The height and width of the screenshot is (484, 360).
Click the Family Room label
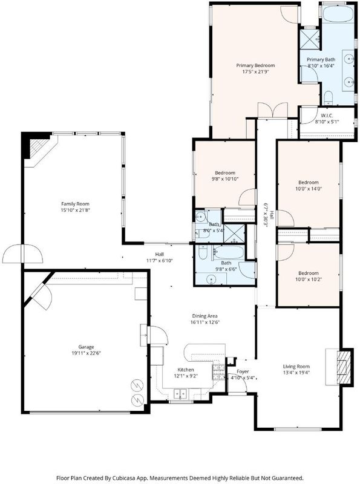click(76, 204)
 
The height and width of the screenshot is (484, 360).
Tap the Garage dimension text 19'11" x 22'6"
click(87, 353)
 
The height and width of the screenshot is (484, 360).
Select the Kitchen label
click(186, 370)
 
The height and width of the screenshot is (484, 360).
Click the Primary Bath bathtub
click(338, 13)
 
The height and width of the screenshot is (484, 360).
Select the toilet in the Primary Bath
click(328, 97)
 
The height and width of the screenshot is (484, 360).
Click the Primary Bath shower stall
click(310, 39)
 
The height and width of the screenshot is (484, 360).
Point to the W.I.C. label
click(327, 116)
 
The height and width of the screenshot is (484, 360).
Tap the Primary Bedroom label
click(255, 65)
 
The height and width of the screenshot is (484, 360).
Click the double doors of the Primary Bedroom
click(273, 111)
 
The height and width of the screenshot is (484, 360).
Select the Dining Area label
click(205, 316)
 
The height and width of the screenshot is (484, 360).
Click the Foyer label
click(243, 371)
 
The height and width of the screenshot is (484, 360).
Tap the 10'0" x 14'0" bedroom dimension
click(309, 189)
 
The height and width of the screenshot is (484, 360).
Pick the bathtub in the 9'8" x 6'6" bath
click(229, 252)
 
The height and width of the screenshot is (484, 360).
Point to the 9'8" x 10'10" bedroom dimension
click(225, 179)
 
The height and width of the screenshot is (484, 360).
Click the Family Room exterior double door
click(22, 253)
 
